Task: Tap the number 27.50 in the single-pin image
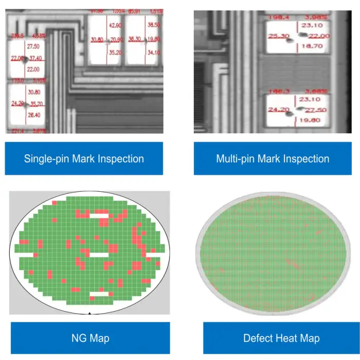click(33, 46)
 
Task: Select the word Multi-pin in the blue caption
click(237, 158)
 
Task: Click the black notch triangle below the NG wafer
click(90, 313)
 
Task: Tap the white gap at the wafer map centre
click(99, 255)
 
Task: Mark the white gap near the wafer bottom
click(99, 294)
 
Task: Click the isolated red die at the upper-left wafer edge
click(54, 206)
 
